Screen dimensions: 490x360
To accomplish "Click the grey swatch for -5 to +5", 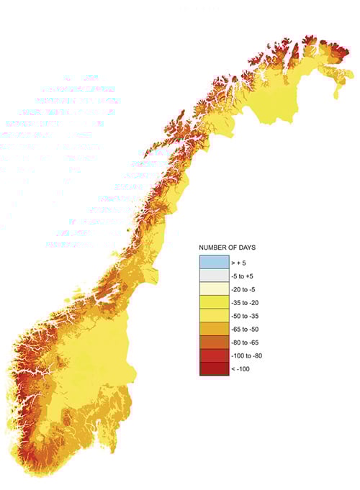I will [209, 276].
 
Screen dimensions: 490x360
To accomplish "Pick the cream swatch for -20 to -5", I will [209, 289].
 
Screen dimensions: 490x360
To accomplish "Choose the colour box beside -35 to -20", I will [209, 303].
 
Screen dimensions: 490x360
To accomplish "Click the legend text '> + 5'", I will [230, 263].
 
